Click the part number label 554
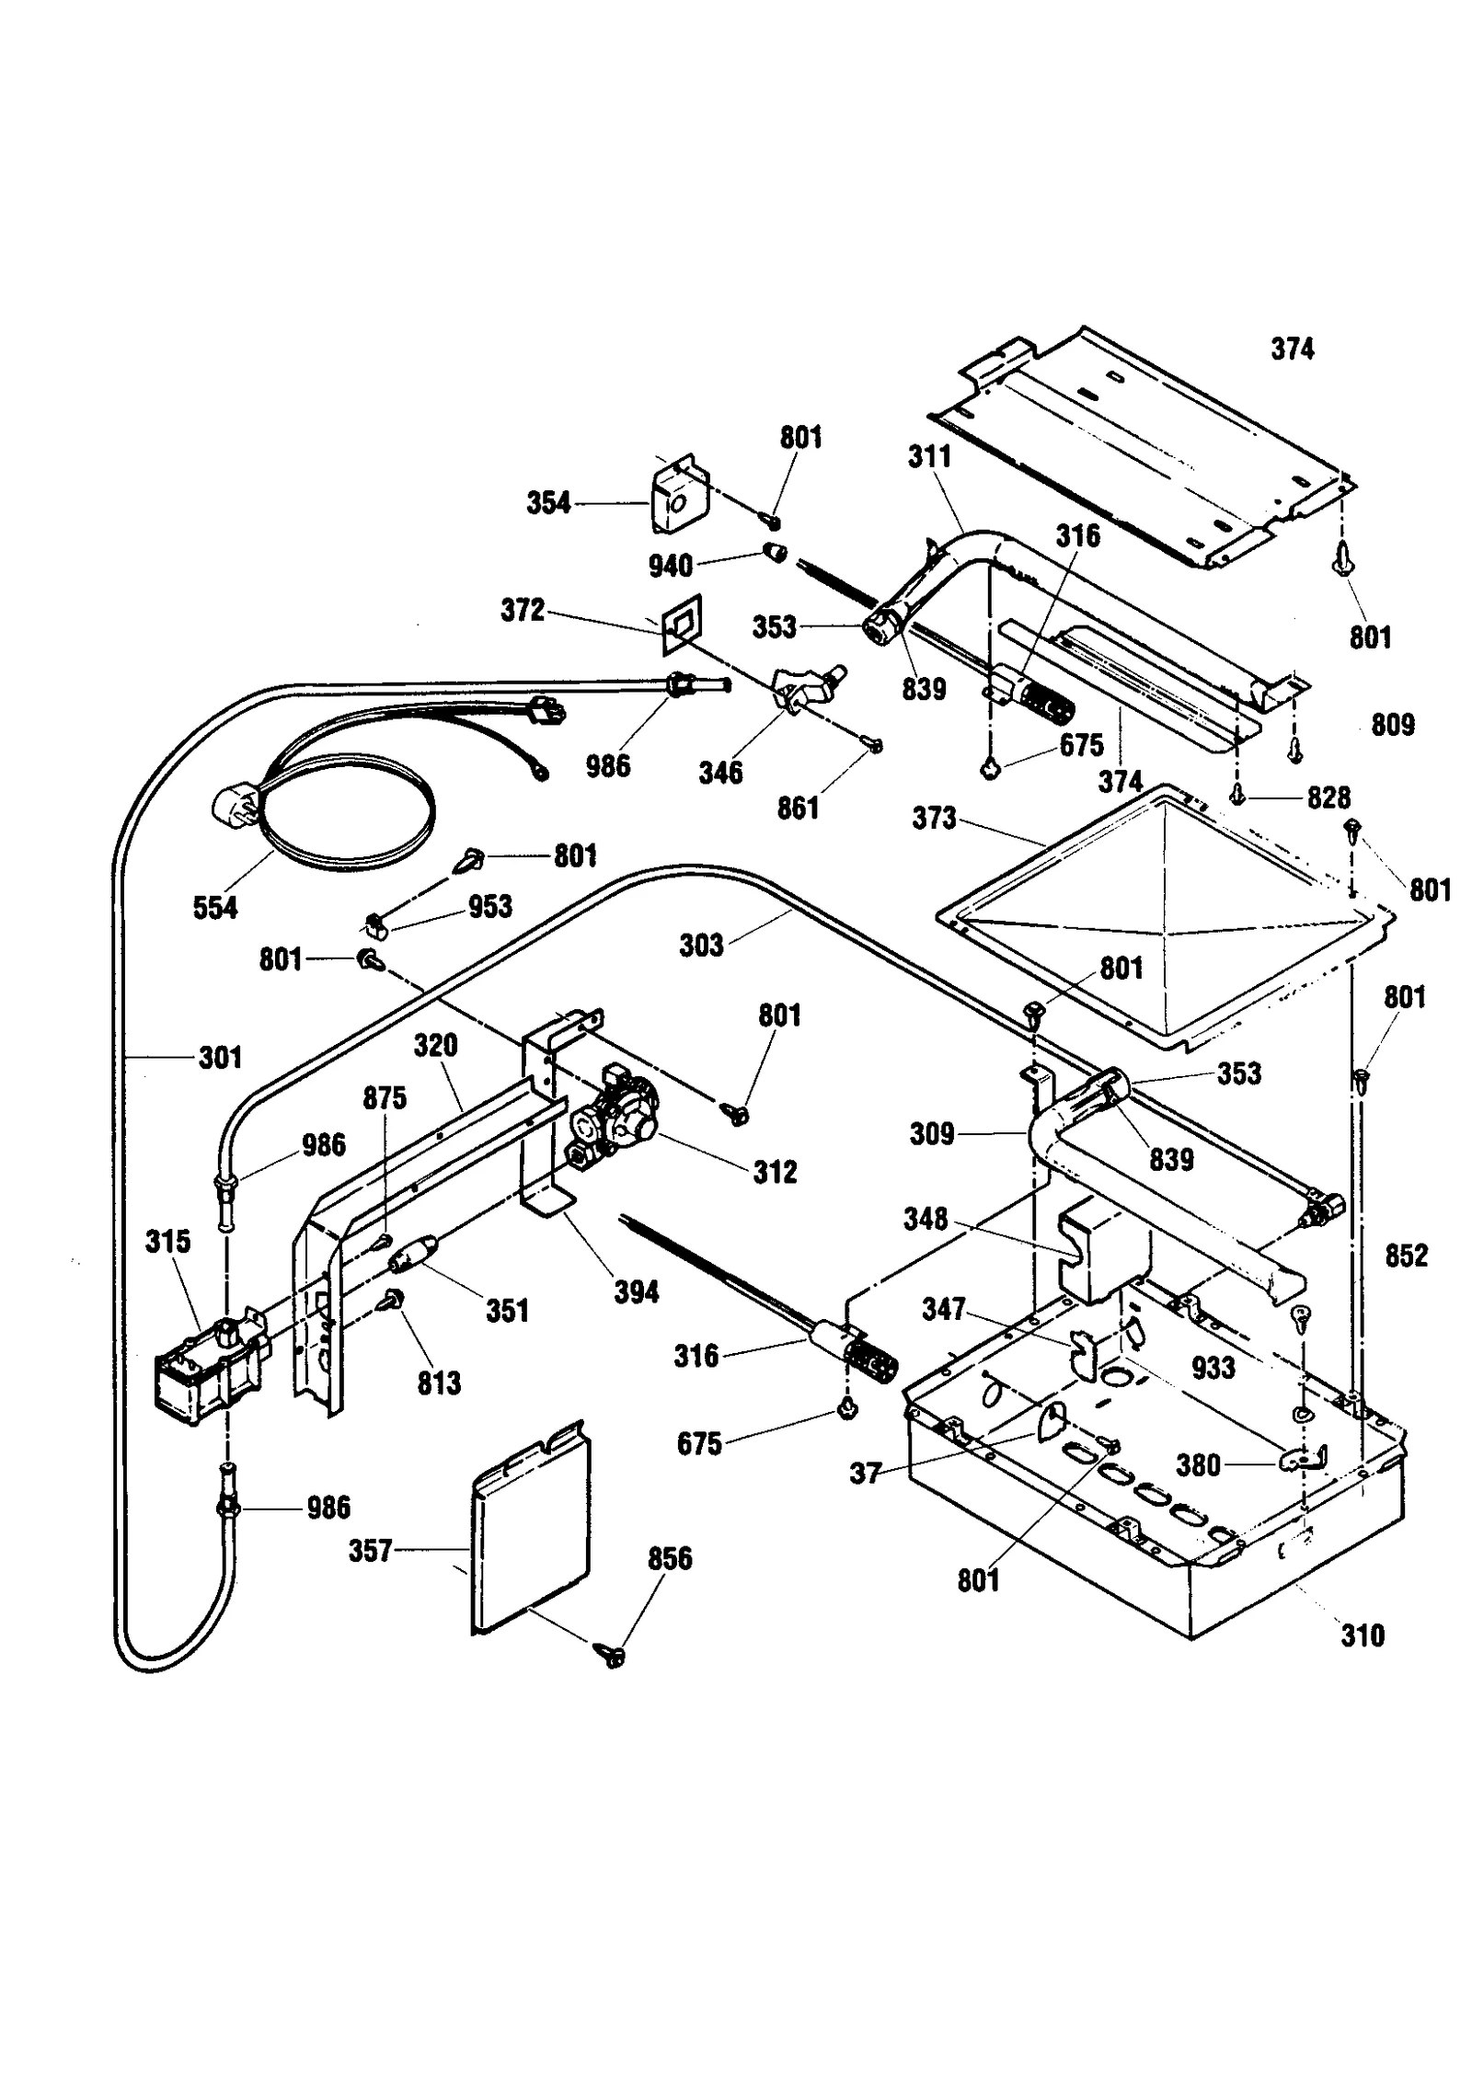[214, 908]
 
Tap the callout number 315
[167, 1241]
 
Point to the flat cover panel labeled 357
[531, 1527]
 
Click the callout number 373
[934, 818]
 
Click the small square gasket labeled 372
[682, 626]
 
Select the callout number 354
[548, 503]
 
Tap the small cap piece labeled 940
[776, 553]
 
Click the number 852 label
[1406, 1255]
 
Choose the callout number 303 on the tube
[701, 945]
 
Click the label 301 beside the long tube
[220, 1058]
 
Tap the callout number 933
[1213, 1368]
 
